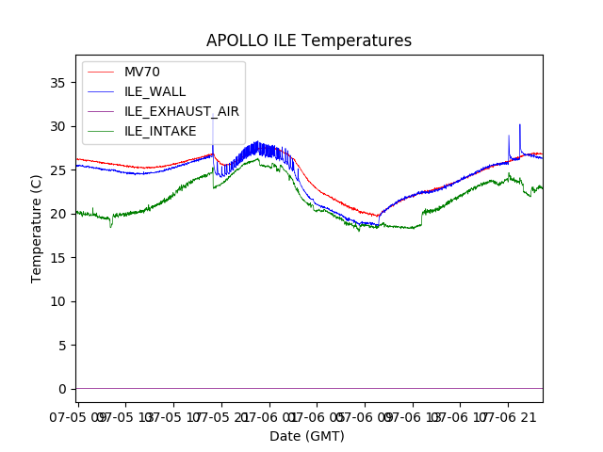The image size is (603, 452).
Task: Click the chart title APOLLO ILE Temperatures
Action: click(309, 41)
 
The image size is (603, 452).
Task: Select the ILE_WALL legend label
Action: click(155, 91)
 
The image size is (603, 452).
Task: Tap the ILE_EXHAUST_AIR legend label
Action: click(181, 111)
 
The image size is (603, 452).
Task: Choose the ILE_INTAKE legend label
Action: click(160, 130)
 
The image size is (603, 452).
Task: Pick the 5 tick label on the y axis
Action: click(63, 346)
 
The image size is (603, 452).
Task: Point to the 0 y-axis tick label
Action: click(63, 389)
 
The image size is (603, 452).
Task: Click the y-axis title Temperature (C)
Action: click(37, 229)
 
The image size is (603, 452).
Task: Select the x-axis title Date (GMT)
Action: click(307, 436)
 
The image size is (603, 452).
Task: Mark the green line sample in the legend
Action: click(102, 130)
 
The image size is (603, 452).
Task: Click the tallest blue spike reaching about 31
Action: click(213, 121)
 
